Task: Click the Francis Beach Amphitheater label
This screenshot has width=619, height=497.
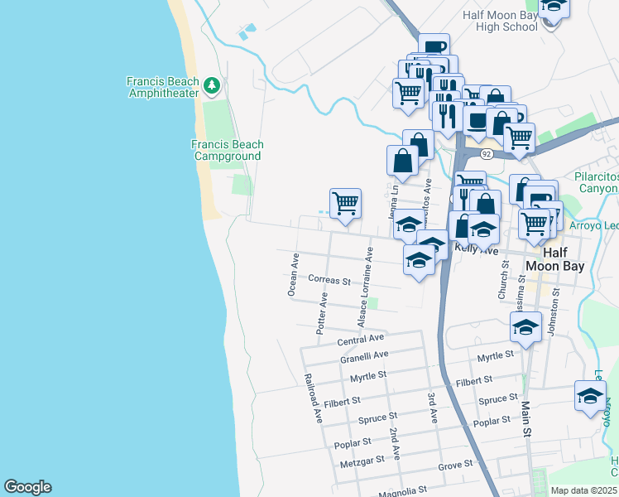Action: (x=162, y=87)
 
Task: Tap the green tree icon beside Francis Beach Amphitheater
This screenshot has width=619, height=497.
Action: (x=213, y=84)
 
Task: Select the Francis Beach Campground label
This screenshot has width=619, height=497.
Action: (x=227, y=150)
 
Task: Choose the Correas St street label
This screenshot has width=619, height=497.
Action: (x=329, y=280)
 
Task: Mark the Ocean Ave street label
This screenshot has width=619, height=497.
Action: (x=292, y=275)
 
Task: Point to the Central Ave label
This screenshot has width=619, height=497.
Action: (x=361, y=339)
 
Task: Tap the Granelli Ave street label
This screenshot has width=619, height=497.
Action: (x=364, y=357)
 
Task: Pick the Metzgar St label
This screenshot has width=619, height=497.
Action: (x=358, y=460)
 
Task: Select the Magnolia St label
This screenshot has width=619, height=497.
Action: (x=401, y=492)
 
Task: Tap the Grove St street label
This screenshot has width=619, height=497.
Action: (x=454, y=466)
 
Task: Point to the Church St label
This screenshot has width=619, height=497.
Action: (x=502, y=280)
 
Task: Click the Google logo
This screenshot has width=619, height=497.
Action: (x=27, y=487)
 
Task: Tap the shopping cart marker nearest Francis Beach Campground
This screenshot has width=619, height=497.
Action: (x=345, y=203)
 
